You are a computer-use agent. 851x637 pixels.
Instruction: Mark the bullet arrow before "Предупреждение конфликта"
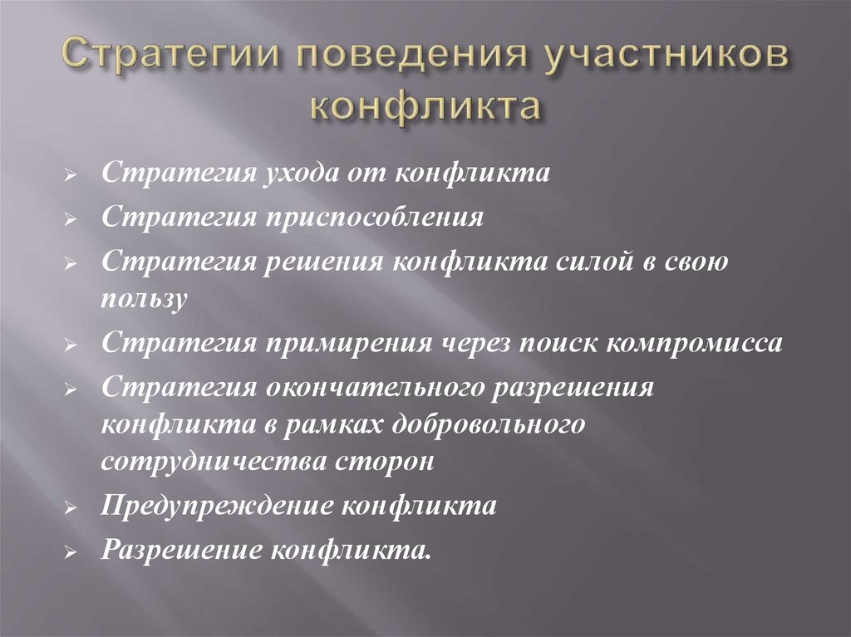(x=72, y=507)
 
